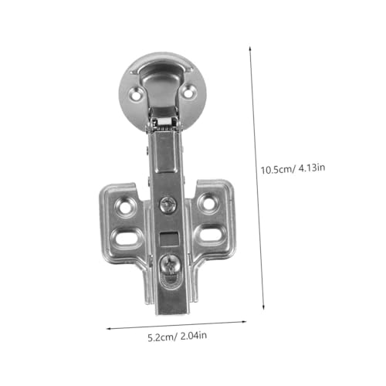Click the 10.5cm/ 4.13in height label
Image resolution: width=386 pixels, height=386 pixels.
coord(293,169)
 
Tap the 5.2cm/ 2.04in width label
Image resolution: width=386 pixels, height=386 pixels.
coord(178,337)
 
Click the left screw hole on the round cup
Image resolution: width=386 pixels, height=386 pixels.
coord(136,94)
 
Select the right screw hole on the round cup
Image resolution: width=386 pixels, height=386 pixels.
coord(188,93)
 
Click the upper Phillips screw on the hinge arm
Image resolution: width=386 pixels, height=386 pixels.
coord(168,205)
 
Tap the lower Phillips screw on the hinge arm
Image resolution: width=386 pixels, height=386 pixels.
coord(170,265)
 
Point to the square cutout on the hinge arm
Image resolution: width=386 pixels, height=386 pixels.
coord(169,239)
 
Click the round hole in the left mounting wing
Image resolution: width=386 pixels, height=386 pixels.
coord(125,207)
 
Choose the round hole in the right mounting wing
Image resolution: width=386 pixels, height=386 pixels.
coord(209,203)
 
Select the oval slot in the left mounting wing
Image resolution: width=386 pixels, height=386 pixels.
coord(126,238)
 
